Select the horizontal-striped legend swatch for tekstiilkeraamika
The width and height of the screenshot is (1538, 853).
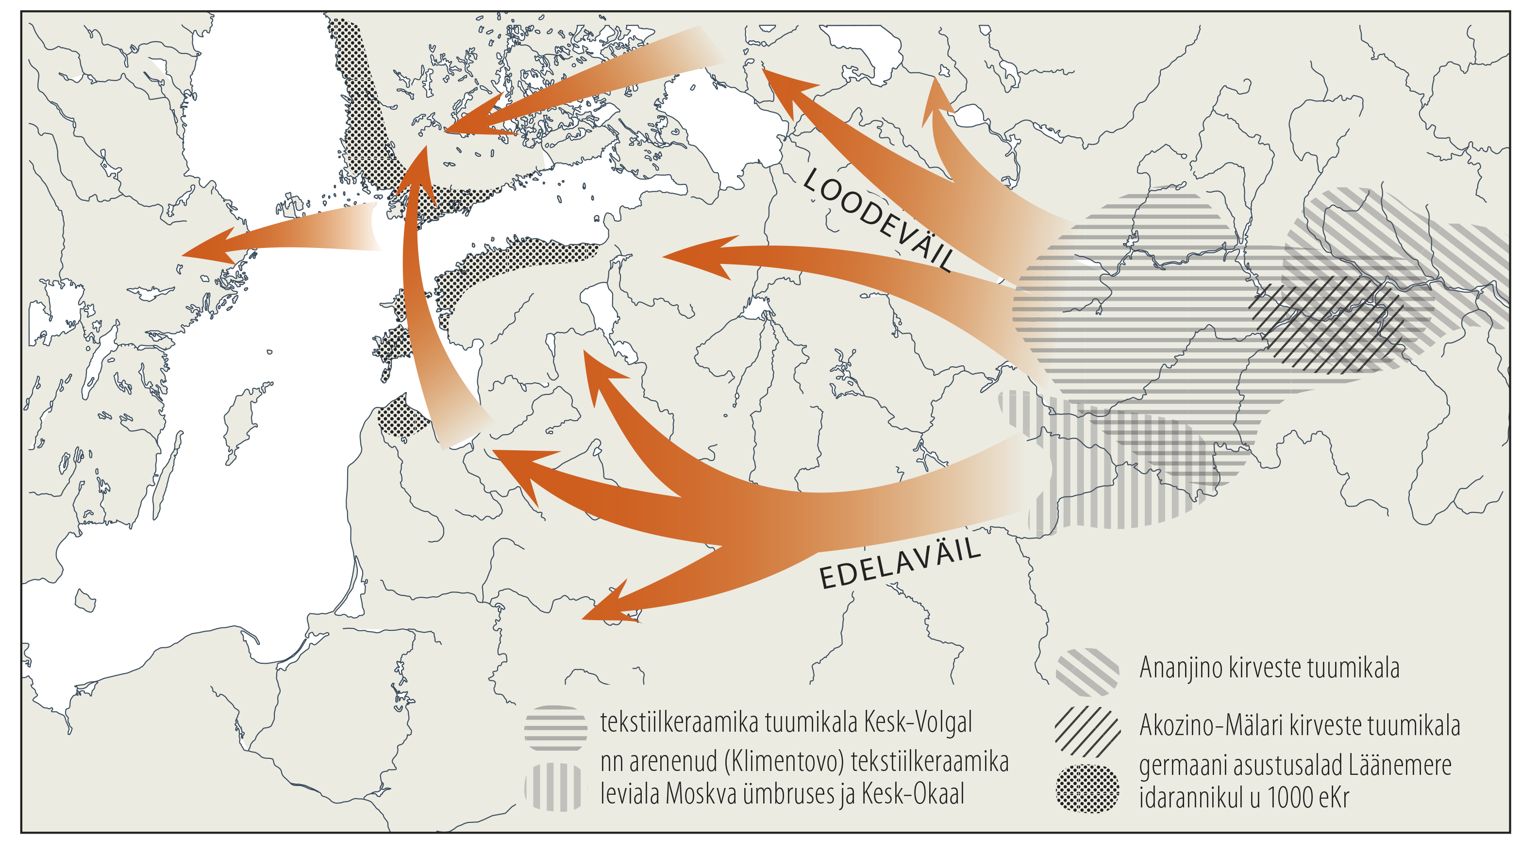click(x=555, y=728)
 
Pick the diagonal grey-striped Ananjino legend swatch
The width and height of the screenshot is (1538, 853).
click(x=1087, y=672)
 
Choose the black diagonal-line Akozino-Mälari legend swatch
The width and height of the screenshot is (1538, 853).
click(x=1087, y=731)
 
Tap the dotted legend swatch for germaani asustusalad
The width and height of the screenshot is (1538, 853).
click(x=1087, y=788)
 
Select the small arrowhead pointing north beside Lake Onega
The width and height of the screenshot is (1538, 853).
click(x=936, y=98)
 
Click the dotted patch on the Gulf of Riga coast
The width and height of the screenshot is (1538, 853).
click(x=403, y=418)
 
